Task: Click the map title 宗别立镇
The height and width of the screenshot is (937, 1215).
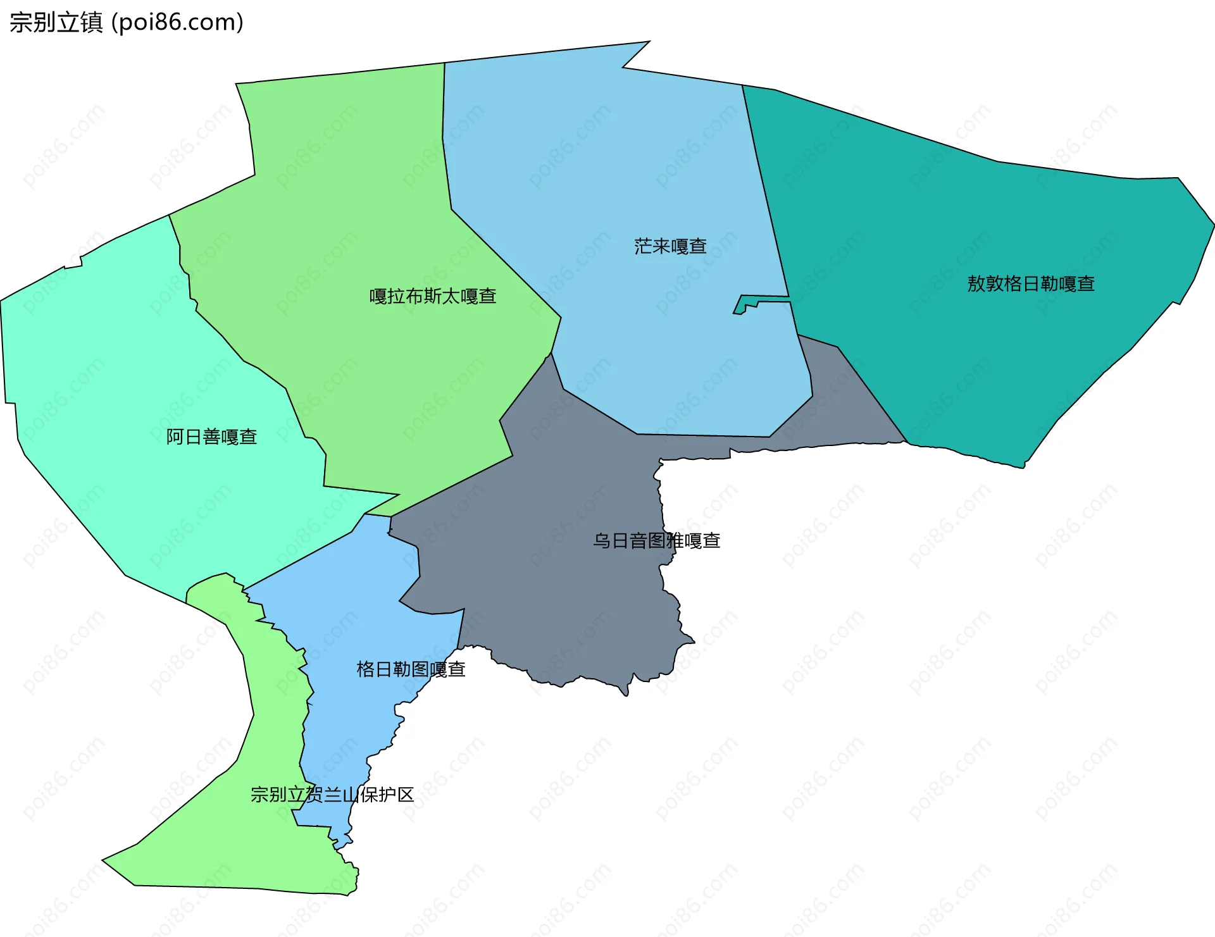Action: pos(56,23)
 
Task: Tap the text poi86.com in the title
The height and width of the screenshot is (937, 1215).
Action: pos(177,23)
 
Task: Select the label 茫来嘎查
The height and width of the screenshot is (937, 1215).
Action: pos(670,246)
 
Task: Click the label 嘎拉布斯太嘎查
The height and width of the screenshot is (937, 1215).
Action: pos(433,296)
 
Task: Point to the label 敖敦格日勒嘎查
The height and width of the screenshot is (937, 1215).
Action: pos(1031,284)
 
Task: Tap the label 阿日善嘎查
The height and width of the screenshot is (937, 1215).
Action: pos(211,437)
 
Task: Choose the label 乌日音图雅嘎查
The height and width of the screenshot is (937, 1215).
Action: pos(657,541)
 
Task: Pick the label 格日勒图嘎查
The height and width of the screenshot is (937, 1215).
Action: pos(411,669)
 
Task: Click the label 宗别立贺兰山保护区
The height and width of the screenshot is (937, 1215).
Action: pos(332,795)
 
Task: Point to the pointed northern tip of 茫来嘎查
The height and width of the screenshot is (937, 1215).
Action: pos(648,42)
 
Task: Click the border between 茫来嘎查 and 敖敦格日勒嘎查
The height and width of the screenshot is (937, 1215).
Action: pos(765,190)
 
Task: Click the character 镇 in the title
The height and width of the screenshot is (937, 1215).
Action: pos(92,23)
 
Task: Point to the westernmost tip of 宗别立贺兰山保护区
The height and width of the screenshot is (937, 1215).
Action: pos(103,860)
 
